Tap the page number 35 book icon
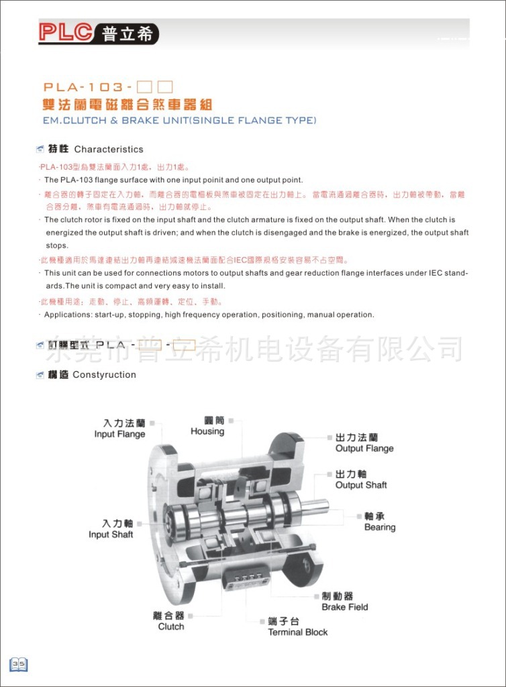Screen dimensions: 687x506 pos(18,664)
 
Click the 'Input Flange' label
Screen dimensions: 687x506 pos(119,434)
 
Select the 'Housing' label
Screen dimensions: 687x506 pos(207,431)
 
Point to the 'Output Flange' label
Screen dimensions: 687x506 pos(364,448)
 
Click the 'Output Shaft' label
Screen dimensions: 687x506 pos(361,485)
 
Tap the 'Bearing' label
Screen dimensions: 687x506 pos(380,527)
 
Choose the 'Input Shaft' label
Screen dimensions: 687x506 pos(111,535)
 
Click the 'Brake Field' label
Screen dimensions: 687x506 pos(345,607)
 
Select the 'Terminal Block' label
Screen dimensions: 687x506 pos(298,632)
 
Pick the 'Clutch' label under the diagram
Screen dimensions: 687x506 pos(170,627)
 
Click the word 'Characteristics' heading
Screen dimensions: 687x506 pos(109,149)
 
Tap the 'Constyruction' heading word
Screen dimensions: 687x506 pos(104,374)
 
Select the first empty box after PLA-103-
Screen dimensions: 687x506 pos(144,87)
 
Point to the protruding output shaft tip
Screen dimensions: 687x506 pos(321,507)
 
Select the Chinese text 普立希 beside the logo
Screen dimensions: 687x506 pos(128,34)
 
